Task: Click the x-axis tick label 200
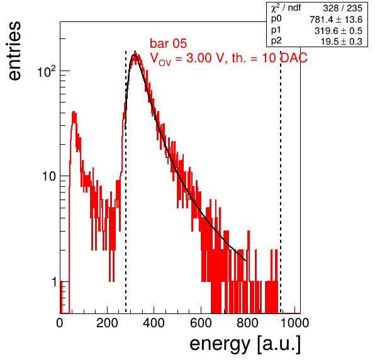[107, 323]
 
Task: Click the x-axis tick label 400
[154, 323]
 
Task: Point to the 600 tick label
[201, 323]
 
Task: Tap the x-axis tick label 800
[247, 323]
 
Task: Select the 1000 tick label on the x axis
[294, 323]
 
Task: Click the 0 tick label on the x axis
[60, 323]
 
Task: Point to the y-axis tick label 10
[49, 176]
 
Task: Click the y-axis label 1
[54, 282]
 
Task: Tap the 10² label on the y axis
[47, 71]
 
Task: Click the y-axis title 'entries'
[14, 51]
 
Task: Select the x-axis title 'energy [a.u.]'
[245, 344]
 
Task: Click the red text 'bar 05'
[168, 43]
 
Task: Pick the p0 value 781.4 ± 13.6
[336, 20]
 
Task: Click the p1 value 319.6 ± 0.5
[338, 31]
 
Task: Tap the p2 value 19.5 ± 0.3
[341, 42]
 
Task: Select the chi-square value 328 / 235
[342, 8]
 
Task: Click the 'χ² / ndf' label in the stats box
[286, 8]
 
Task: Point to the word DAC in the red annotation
[294, 58]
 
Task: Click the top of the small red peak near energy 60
[74, 111]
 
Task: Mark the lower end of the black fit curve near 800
[245, 261]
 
